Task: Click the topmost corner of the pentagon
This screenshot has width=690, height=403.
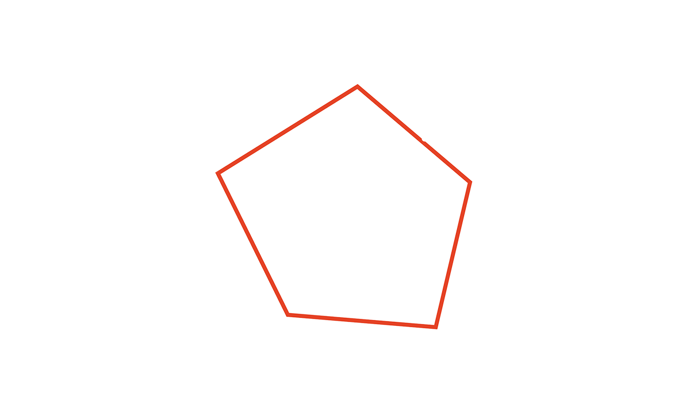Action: [357, 87]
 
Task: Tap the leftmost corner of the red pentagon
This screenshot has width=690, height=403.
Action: [219, 173]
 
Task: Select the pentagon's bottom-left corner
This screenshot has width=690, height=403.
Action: [287, 314]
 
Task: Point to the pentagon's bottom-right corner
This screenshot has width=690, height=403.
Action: [435, 327]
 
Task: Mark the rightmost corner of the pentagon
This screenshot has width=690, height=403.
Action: [470, 183]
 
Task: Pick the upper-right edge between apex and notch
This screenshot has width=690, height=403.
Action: [389, 113]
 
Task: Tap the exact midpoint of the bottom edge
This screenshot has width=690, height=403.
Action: [362, 321]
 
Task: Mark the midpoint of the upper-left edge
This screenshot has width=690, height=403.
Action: [288, 130]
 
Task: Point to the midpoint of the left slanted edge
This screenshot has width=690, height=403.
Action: [253, 244]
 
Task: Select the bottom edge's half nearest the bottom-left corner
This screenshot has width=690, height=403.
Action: [324, 317]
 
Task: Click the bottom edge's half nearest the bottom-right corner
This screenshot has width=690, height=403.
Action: [398, 324]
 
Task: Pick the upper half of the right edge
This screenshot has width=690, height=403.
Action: [461, 219]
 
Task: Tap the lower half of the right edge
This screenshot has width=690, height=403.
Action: [444, 291]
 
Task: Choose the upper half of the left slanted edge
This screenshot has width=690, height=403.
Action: [236, 208]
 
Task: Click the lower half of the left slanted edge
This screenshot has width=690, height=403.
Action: [270, 279]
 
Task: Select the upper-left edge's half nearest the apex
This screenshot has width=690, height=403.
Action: [323, 108]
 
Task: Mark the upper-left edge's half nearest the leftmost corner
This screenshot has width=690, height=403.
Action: [254, 151]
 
